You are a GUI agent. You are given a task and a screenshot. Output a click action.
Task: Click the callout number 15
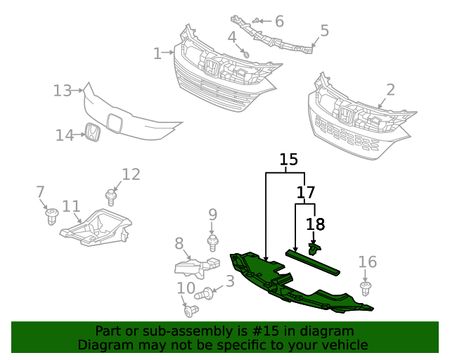click(288, 160)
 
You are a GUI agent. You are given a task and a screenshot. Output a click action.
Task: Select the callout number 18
click(316, 224)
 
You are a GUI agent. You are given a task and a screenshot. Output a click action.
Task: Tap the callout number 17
click(305, 191)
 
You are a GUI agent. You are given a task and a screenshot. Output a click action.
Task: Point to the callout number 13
click(63, 91)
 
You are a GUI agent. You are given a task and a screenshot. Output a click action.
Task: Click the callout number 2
click(390, 90)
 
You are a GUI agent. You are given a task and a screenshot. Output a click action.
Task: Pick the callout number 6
click(279, 22)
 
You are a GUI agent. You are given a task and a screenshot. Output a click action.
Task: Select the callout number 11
click(71, 206)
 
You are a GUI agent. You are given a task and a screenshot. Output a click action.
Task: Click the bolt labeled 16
click(366, 289)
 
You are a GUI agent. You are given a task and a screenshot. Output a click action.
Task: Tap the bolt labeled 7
click(51, 215)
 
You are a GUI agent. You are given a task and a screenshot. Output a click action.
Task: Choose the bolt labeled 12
click(111, 196)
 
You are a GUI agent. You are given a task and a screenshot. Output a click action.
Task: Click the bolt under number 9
click(212, 243)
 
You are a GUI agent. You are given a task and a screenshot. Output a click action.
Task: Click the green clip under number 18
click(314, 247)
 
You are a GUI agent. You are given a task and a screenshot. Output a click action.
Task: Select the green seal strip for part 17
click(313, 262)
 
